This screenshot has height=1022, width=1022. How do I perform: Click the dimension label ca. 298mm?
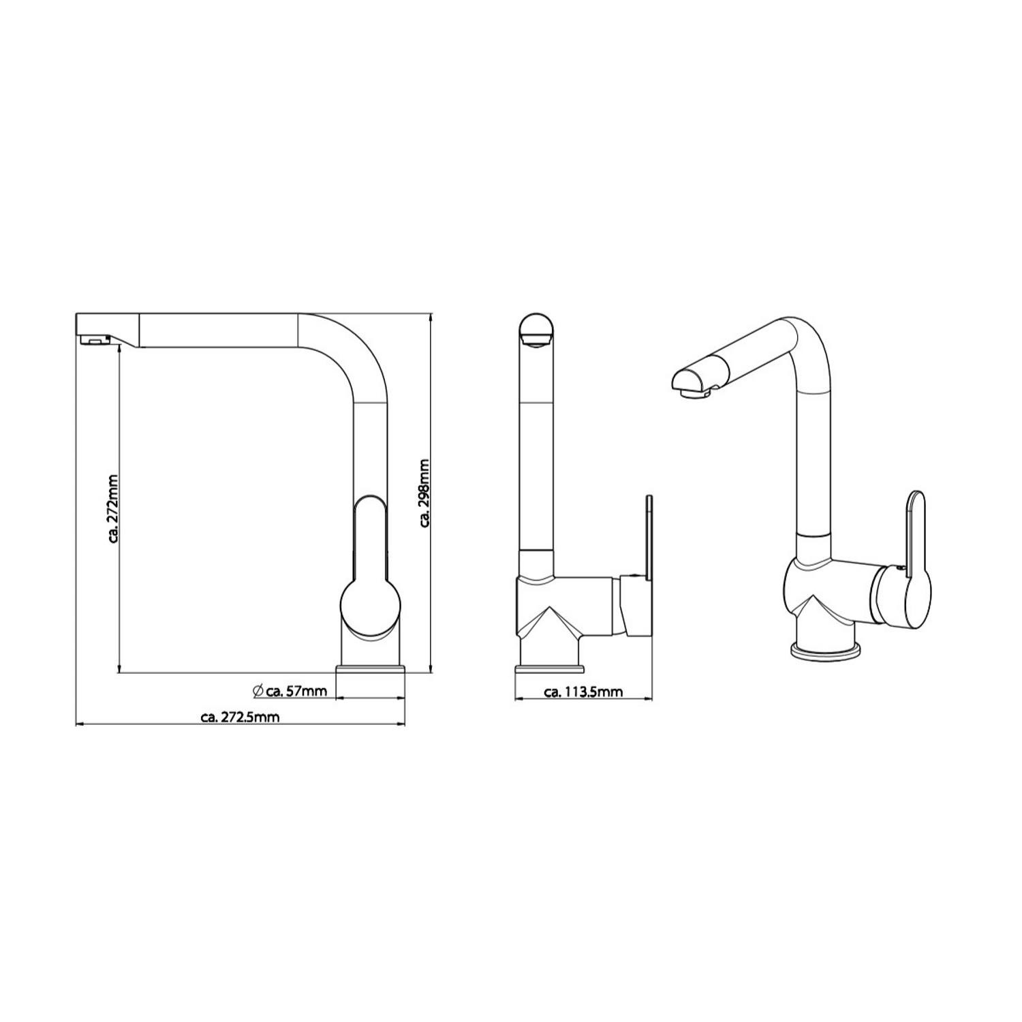click(x=424, y=493)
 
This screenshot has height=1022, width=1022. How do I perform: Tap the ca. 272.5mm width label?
click(x=241, y=716)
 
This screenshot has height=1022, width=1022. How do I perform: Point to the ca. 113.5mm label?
click(x=583, y=692)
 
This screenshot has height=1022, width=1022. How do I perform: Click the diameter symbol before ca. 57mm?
click(x=258, y=691)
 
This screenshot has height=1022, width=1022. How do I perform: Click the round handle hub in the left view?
click(x=371, y=608)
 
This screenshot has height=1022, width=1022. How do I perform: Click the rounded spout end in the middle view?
click(x=538, y=330)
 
